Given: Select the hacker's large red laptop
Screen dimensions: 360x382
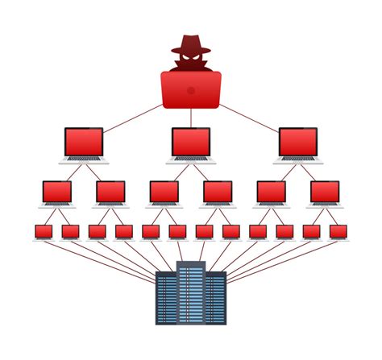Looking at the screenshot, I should point(191,89).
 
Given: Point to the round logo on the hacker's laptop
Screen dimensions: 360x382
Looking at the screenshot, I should point(191,90).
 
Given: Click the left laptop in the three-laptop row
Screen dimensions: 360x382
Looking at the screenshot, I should point(84,143).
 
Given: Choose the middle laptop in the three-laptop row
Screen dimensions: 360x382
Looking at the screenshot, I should point(191,143).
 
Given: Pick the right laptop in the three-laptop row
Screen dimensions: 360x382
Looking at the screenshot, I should point(298,143).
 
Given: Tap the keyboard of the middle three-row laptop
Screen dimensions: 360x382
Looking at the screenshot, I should point(191,159).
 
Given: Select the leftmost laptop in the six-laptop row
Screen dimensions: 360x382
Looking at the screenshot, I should point(57,192).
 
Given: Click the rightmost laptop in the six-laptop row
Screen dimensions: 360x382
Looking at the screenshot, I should point(325,192).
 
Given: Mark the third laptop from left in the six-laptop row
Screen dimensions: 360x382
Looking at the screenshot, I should point(164,192).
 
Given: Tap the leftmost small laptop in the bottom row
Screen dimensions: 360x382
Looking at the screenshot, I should point(44,232).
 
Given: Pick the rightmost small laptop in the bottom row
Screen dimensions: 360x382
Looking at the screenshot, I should point(338,232).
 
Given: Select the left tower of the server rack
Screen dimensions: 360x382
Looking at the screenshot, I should point(166,300).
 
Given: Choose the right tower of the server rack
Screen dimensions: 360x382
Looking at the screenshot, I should point(216,300).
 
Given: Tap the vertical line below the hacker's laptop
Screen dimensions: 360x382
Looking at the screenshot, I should point(191,118).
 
